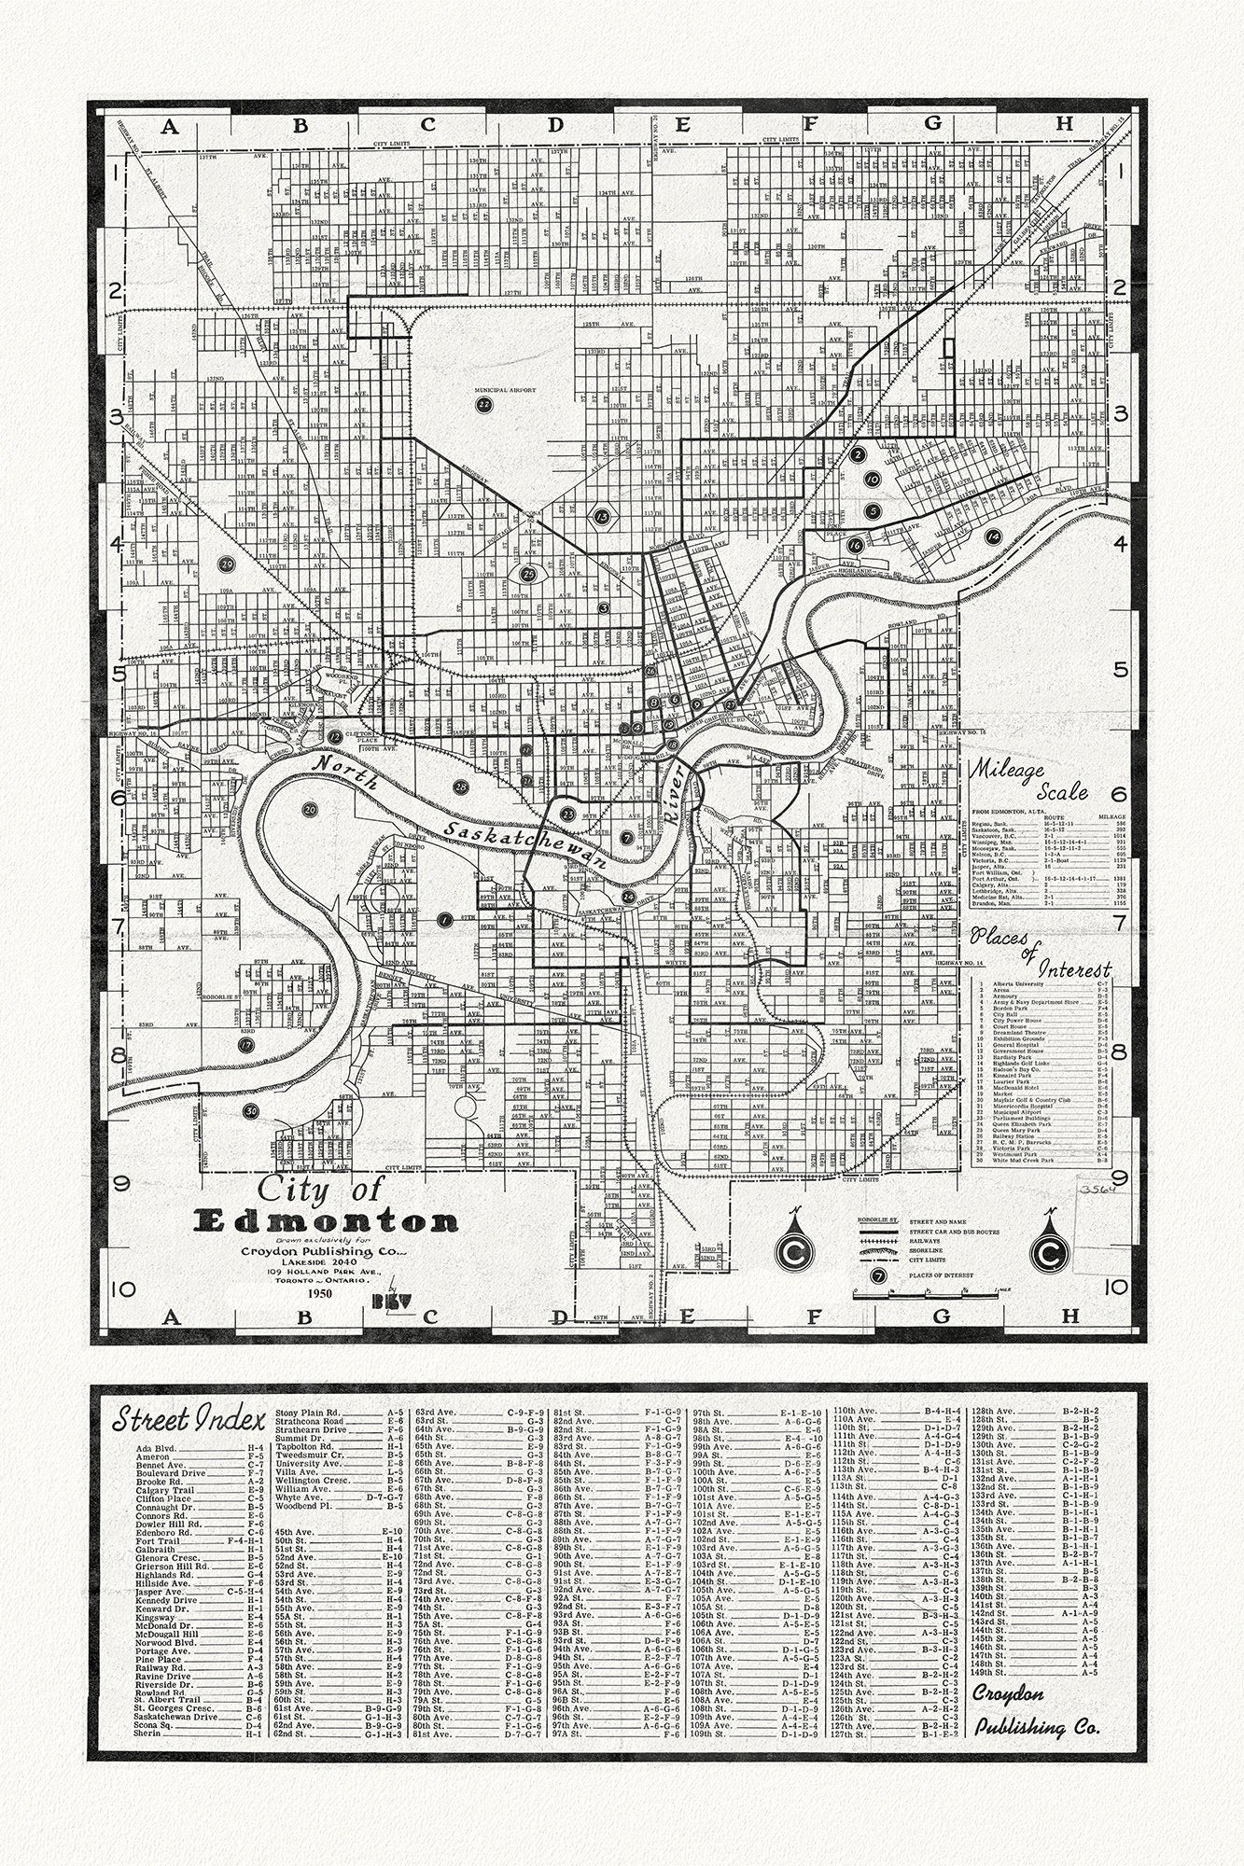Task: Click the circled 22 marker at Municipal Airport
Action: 483,404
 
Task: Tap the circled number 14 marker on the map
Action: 992,536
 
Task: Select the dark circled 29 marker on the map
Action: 225,564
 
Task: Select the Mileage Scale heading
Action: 1028,782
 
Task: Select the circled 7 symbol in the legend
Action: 876,1275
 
